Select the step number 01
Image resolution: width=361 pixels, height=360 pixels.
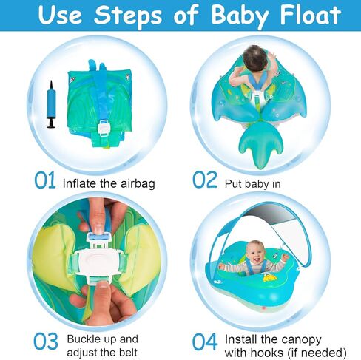click(44, 180)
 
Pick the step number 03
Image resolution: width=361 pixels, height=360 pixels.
click(44, 342)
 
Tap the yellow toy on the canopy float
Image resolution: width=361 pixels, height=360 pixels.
click(266, 281)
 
